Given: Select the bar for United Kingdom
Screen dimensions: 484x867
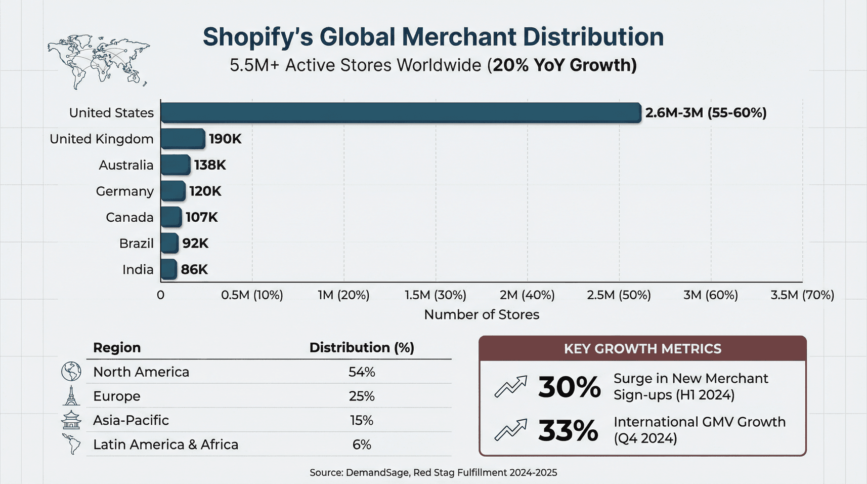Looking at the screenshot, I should tap(183, 139).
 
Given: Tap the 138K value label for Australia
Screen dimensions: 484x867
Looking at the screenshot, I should tap(210, 165).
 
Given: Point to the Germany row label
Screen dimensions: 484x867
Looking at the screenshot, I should tap(124, 191).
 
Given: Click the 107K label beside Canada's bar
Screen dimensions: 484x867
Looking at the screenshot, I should tap(201, 217).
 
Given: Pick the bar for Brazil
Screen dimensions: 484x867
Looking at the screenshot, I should tap(169, 244).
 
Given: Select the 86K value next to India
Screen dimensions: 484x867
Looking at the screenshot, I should tap(194, 269).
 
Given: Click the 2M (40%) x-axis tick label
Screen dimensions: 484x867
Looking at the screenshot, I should tap(527, 295).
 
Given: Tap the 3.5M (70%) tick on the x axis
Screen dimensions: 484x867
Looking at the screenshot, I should tap(802, 295).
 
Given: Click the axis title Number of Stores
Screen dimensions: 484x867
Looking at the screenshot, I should tap(482, 314).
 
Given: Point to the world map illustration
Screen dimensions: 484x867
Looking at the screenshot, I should tap(99, 61).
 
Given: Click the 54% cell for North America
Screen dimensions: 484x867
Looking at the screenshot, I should tap(362, 372).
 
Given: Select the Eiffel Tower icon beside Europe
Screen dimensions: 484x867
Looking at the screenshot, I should tap(71, 396).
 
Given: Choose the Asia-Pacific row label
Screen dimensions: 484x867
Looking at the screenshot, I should tap(131, 420).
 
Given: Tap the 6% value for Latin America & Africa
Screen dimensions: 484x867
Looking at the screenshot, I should tap(362, 445).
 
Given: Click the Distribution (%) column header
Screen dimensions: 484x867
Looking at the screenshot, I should tap(362, 348).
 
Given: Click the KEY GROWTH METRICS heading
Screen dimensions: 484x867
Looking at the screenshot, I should tap(642, 349).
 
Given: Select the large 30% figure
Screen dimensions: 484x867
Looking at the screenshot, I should tap(569, 387).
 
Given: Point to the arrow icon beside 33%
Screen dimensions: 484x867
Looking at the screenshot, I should tap(511, 430).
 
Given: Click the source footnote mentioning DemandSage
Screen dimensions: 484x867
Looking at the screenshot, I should tap(433, 472).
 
